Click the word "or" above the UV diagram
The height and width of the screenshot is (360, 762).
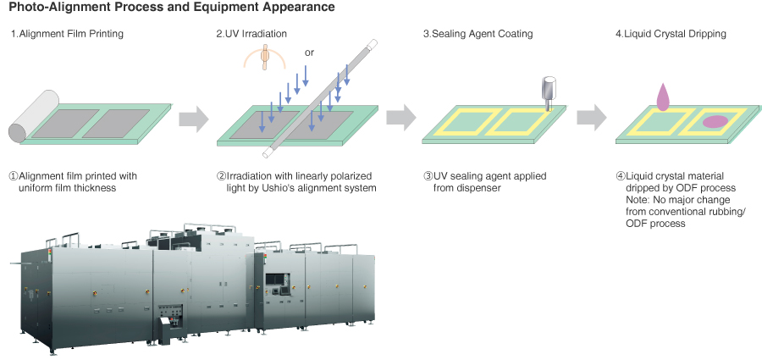click(310, 53)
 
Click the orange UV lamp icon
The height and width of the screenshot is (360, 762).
click(265, 57)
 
